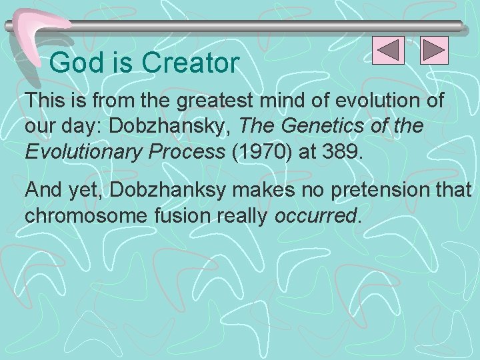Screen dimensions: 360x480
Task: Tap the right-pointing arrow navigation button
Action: (x=434, y=51)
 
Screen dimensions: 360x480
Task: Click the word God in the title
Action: (x=71, y=63)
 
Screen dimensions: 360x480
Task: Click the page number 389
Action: (x=341, y=151)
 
